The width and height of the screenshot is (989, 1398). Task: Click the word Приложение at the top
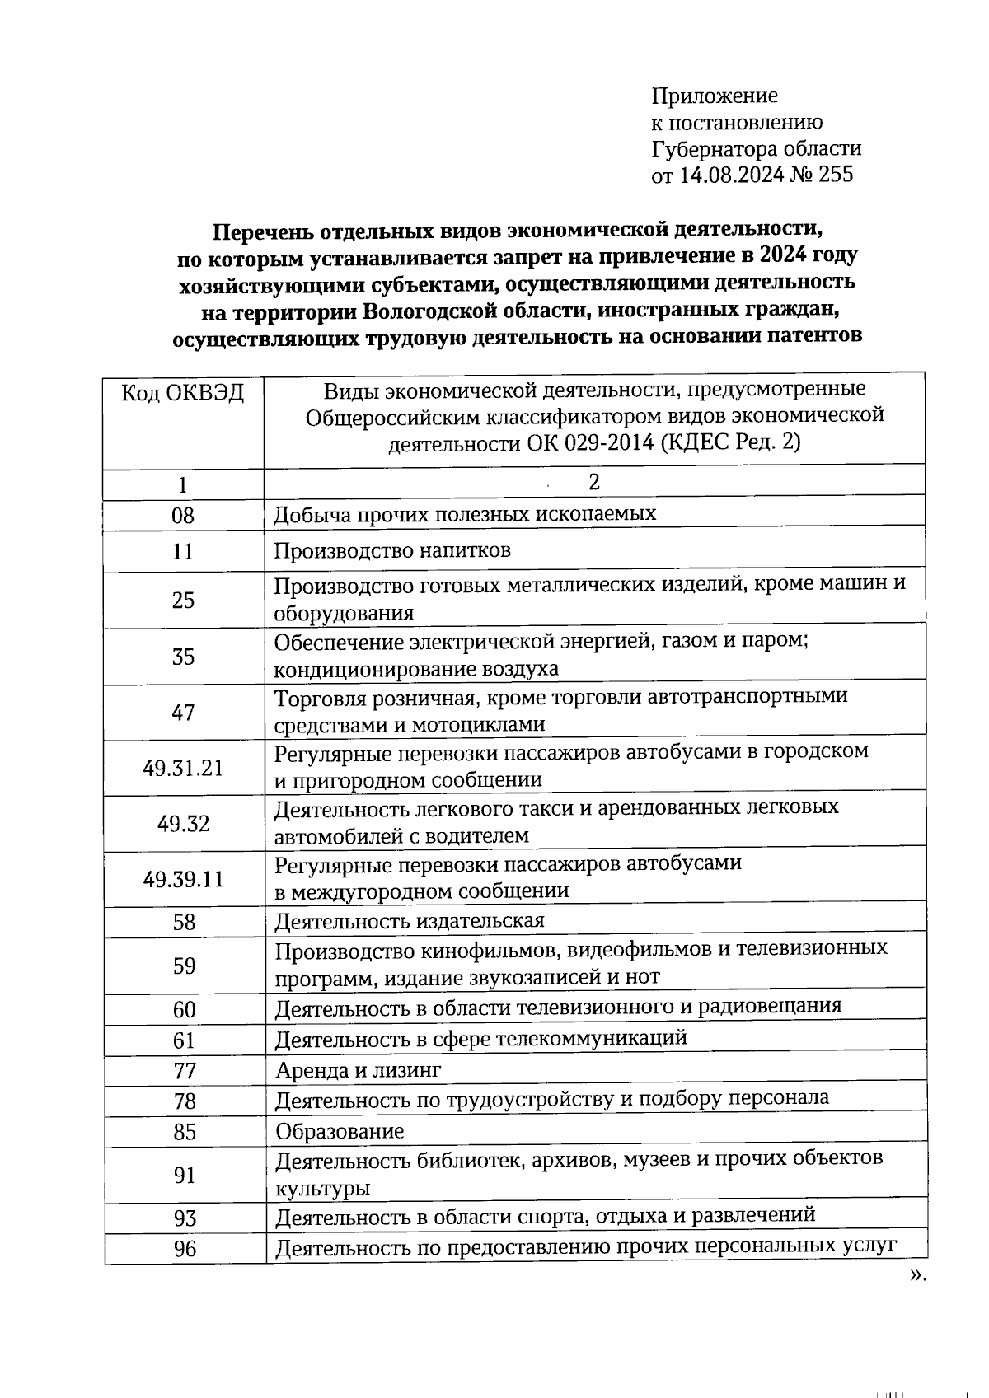pyautogui.click(x=715, y=96)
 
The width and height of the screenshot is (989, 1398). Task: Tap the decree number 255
pyautogui.click(x=836, y=175)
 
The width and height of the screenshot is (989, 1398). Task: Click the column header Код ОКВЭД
pyautogui.click(x=183, y=392)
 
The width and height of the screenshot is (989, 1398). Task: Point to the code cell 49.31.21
pyautogui.click(x=183, y=768)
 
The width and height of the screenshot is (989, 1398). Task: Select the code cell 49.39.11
pyautogui.click(x=183, y=879)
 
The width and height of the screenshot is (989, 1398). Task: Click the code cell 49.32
pyautogui.click(x=183, y=824)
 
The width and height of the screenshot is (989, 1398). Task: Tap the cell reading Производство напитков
pyautogui.click(x=392, y=550)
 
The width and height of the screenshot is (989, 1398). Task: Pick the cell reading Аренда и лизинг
pyautogui.click(x=359, y=1070)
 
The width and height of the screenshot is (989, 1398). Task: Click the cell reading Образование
pyautogui.click(x=340, y=1131)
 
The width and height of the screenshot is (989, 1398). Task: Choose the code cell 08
pyautogui.click(x=183, y=516)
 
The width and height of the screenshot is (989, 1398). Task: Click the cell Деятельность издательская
pyautogui.click(x=410, y=921)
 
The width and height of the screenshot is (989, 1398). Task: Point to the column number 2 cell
pyautogui.click(x=594, y=483)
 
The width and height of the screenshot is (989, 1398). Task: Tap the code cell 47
pyautogui.click(x=183, y=712)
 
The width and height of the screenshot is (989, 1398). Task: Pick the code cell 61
pyautogui.click(x=183, y=1040)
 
